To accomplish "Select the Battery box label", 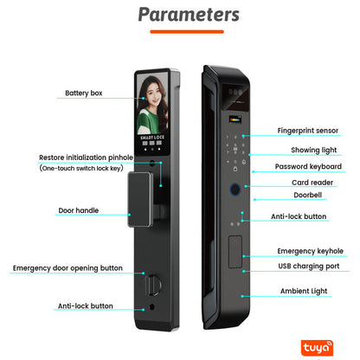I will tap(83, 93).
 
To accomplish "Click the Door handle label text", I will tap(78, 210).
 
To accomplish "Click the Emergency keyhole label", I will tap(309, 251).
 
